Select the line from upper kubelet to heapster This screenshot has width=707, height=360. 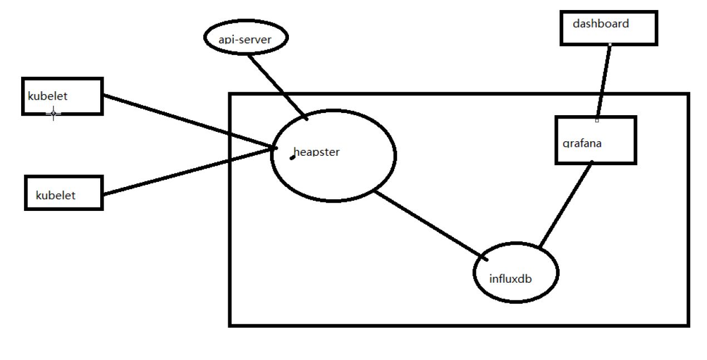[189, 122]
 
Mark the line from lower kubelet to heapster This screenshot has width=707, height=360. [189, 171]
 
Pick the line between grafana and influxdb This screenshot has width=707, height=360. [565, 204]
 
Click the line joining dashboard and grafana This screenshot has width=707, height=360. [603, 81]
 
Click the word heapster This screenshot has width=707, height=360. [316, 152]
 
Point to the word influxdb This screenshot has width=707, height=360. [510, 279]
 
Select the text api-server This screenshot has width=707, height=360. [245, 40]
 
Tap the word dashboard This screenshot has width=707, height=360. [601, 24]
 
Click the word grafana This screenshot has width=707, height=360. [582, 144]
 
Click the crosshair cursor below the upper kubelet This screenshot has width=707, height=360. [53, 114]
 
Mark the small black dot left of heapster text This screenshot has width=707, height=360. [292, 157]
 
